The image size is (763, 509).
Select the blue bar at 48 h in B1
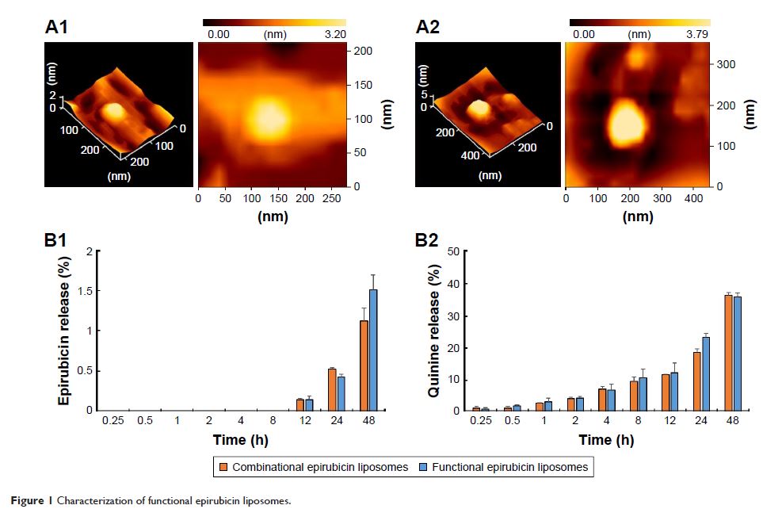[x=373, y=350]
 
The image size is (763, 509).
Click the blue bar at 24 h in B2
[x=706, y=373]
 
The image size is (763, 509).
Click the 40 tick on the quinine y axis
[x=453, y=284]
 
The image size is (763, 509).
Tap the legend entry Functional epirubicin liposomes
[x=509, y=467]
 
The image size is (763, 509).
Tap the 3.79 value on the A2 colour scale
[x=698, y=34]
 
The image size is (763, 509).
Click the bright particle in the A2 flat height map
[x=627, y=123]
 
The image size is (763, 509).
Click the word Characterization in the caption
[x=83, y=500]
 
